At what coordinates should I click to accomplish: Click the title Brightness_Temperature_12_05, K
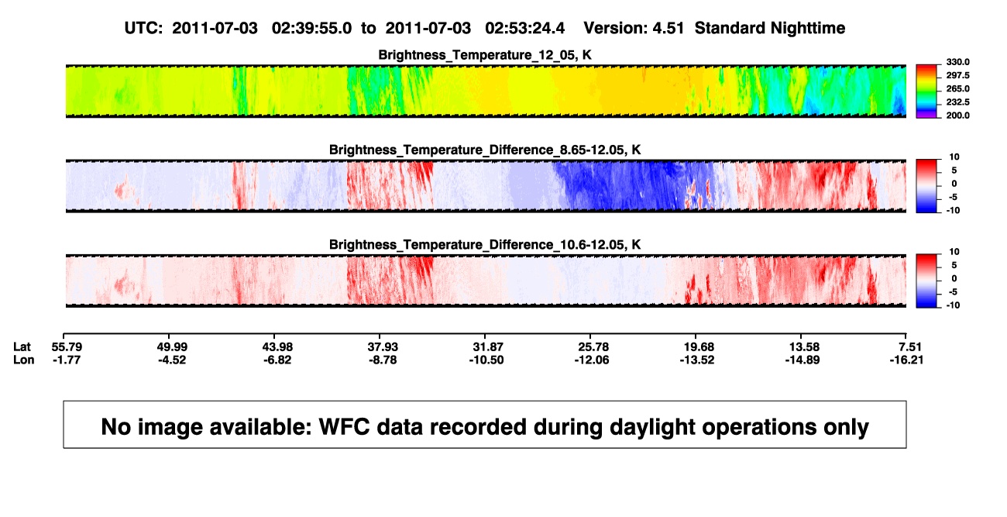[485, 55]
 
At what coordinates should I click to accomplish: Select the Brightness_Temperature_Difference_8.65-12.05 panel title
[485, 150]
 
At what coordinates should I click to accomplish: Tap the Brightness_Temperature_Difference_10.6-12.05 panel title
[485, 245]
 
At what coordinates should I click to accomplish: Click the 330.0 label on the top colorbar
[957, 62]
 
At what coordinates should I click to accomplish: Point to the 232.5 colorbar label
[957, 102]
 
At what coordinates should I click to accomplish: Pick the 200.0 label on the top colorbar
[957, 115]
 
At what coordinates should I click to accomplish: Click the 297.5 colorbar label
[957, 76]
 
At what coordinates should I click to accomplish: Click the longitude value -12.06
[592, 360]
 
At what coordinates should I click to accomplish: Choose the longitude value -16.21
[906, 360]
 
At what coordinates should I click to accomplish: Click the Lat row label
[22, 347]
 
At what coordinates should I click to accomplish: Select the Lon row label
[24, 360]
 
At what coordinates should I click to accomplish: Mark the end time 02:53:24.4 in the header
[524, 29]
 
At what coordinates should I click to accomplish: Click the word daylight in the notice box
[652, 427]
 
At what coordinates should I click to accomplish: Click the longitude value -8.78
[383, 360]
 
